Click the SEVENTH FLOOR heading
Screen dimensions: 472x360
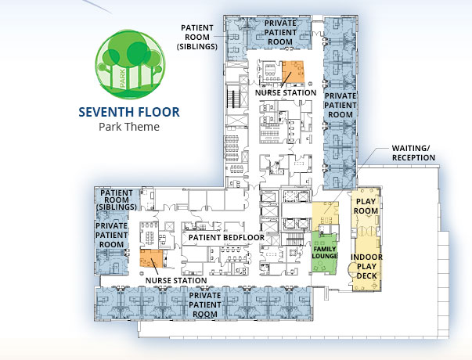(x=129, y=112)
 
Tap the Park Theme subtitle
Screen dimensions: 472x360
(x=129, y=127)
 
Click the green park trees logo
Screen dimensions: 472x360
(x=130, y=64)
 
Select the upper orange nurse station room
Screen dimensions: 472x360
(x=293, y=72)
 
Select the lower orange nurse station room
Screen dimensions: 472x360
(x=151, y=258)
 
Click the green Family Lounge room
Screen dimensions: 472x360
(x=324, y=252)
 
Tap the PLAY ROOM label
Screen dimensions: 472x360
(x=366, y=206)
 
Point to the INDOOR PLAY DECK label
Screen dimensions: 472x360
(x=366, y=266)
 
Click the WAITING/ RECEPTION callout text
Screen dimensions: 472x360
(x=413, y=153)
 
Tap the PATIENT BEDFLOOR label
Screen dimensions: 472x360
(x=226, y=237)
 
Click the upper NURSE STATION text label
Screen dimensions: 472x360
(x=286, y=92)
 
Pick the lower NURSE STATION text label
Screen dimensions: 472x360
(x=176, y=280)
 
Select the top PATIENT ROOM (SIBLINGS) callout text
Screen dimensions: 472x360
(x=197, y=38)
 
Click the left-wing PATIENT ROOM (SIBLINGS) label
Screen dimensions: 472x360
(x=117, y=200)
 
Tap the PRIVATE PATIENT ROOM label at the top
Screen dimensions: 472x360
(x=280, y=32)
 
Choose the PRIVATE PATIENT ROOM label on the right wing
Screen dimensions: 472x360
(x=340, y=105)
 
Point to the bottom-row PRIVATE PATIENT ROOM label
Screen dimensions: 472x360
(x=205, y=304)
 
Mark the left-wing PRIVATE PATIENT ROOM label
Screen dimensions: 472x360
(x=111, y=235)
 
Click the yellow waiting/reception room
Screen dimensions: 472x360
(x=325, y=216)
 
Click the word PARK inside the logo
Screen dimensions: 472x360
(x=122, y=78)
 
